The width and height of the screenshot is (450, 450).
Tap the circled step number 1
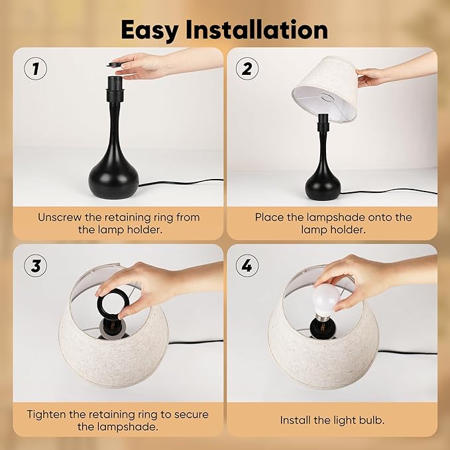(36, 68)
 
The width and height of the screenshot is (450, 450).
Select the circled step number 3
(36, 266)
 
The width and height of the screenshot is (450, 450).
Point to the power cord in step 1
(186, 182)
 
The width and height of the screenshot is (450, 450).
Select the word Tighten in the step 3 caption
(48, 414)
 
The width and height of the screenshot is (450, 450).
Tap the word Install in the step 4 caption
(297, 420)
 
